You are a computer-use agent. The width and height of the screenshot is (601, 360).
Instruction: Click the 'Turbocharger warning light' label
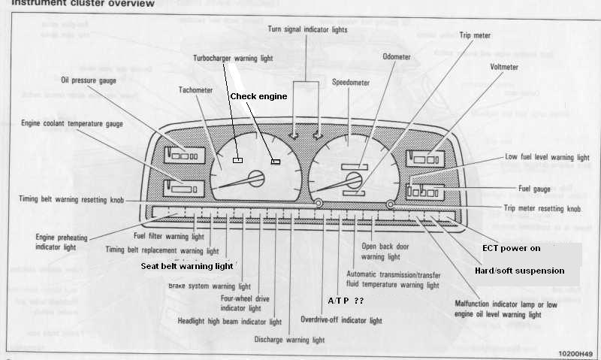tap(233, 58)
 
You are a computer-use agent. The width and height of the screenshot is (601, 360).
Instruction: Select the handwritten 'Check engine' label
tap(258, 96)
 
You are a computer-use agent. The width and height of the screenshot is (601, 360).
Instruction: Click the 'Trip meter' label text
tap(475, 35)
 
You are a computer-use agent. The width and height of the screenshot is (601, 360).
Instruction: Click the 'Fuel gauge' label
tap(535, 188)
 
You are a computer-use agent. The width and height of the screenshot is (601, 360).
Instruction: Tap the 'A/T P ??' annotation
tap(345, 300)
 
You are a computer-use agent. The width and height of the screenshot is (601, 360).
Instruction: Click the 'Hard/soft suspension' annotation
tap(519, 270)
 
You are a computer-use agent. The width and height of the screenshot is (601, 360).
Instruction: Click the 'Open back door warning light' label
tap(390, 250)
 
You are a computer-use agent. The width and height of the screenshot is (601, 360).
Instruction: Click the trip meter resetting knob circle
tap(390, 204)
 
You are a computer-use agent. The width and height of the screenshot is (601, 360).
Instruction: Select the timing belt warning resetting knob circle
tap(319, 204)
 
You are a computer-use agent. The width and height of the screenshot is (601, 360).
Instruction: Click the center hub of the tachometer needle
tap(256, 178)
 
